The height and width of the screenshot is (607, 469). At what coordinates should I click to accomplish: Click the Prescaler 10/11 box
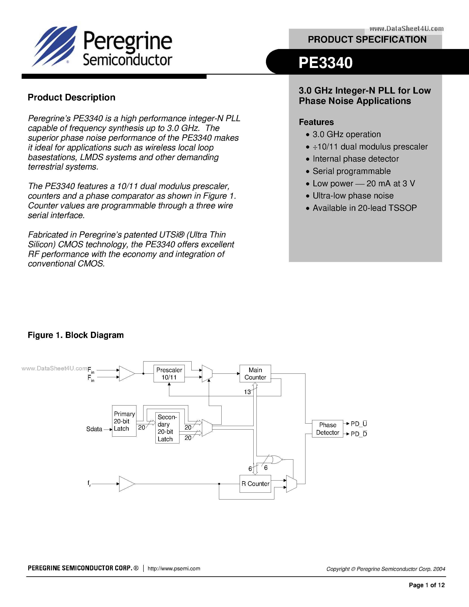[x=169, y=373]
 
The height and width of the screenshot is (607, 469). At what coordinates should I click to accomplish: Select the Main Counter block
[x=255, y=373]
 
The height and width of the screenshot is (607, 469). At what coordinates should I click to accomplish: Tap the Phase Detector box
[x=327, y=429]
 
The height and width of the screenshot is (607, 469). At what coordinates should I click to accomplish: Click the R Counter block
[x=255, y=484]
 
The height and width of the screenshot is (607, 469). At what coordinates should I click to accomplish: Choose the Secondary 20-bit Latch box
[x=167, y=428]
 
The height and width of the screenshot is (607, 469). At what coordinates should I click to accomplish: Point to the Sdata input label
[x=94, y=429]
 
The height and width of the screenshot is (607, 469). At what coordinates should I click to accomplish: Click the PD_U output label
[x=359, y=424]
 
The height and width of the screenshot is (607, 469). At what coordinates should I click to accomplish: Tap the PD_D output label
[x=359, y=434]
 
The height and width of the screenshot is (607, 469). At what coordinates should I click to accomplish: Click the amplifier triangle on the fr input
[x=126, y=484]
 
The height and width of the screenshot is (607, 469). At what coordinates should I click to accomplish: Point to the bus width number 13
[x=247, y=392]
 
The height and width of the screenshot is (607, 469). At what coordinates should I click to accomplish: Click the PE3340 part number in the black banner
[x=325, y=62]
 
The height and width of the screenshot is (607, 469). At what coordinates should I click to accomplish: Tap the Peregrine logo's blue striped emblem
[x=55, y=46]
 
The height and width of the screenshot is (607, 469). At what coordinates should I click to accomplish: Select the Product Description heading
[x=72, y=98]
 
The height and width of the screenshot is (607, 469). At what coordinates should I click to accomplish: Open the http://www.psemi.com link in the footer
[x=174, y=568]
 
